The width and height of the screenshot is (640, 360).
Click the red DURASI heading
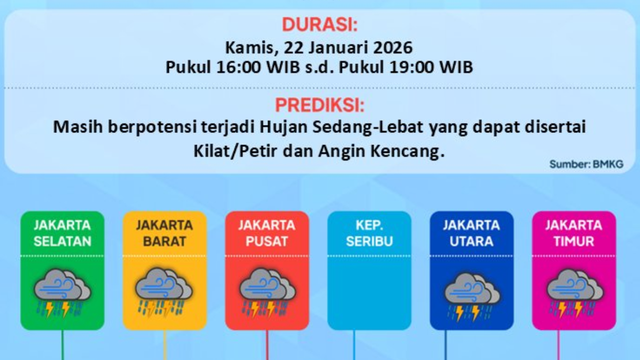coord(319,24)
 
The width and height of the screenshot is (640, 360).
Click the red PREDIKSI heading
coord(319,105)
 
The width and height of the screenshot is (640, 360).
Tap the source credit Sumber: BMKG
coord(586,164)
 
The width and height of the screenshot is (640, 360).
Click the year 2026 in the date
coord(389,47)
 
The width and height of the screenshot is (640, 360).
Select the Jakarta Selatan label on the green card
coord(62,233)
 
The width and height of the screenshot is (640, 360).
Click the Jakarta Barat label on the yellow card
coord(164,233)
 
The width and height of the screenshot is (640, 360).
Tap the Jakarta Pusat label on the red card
coord(266,233)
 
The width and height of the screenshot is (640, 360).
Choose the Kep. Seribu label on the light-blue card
coord(369,233)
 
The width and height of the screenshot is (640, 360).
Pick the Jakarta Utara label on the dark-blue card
coord(471,233)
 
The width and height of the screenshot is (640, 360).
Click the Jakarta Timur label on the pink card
coord(573,233)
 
